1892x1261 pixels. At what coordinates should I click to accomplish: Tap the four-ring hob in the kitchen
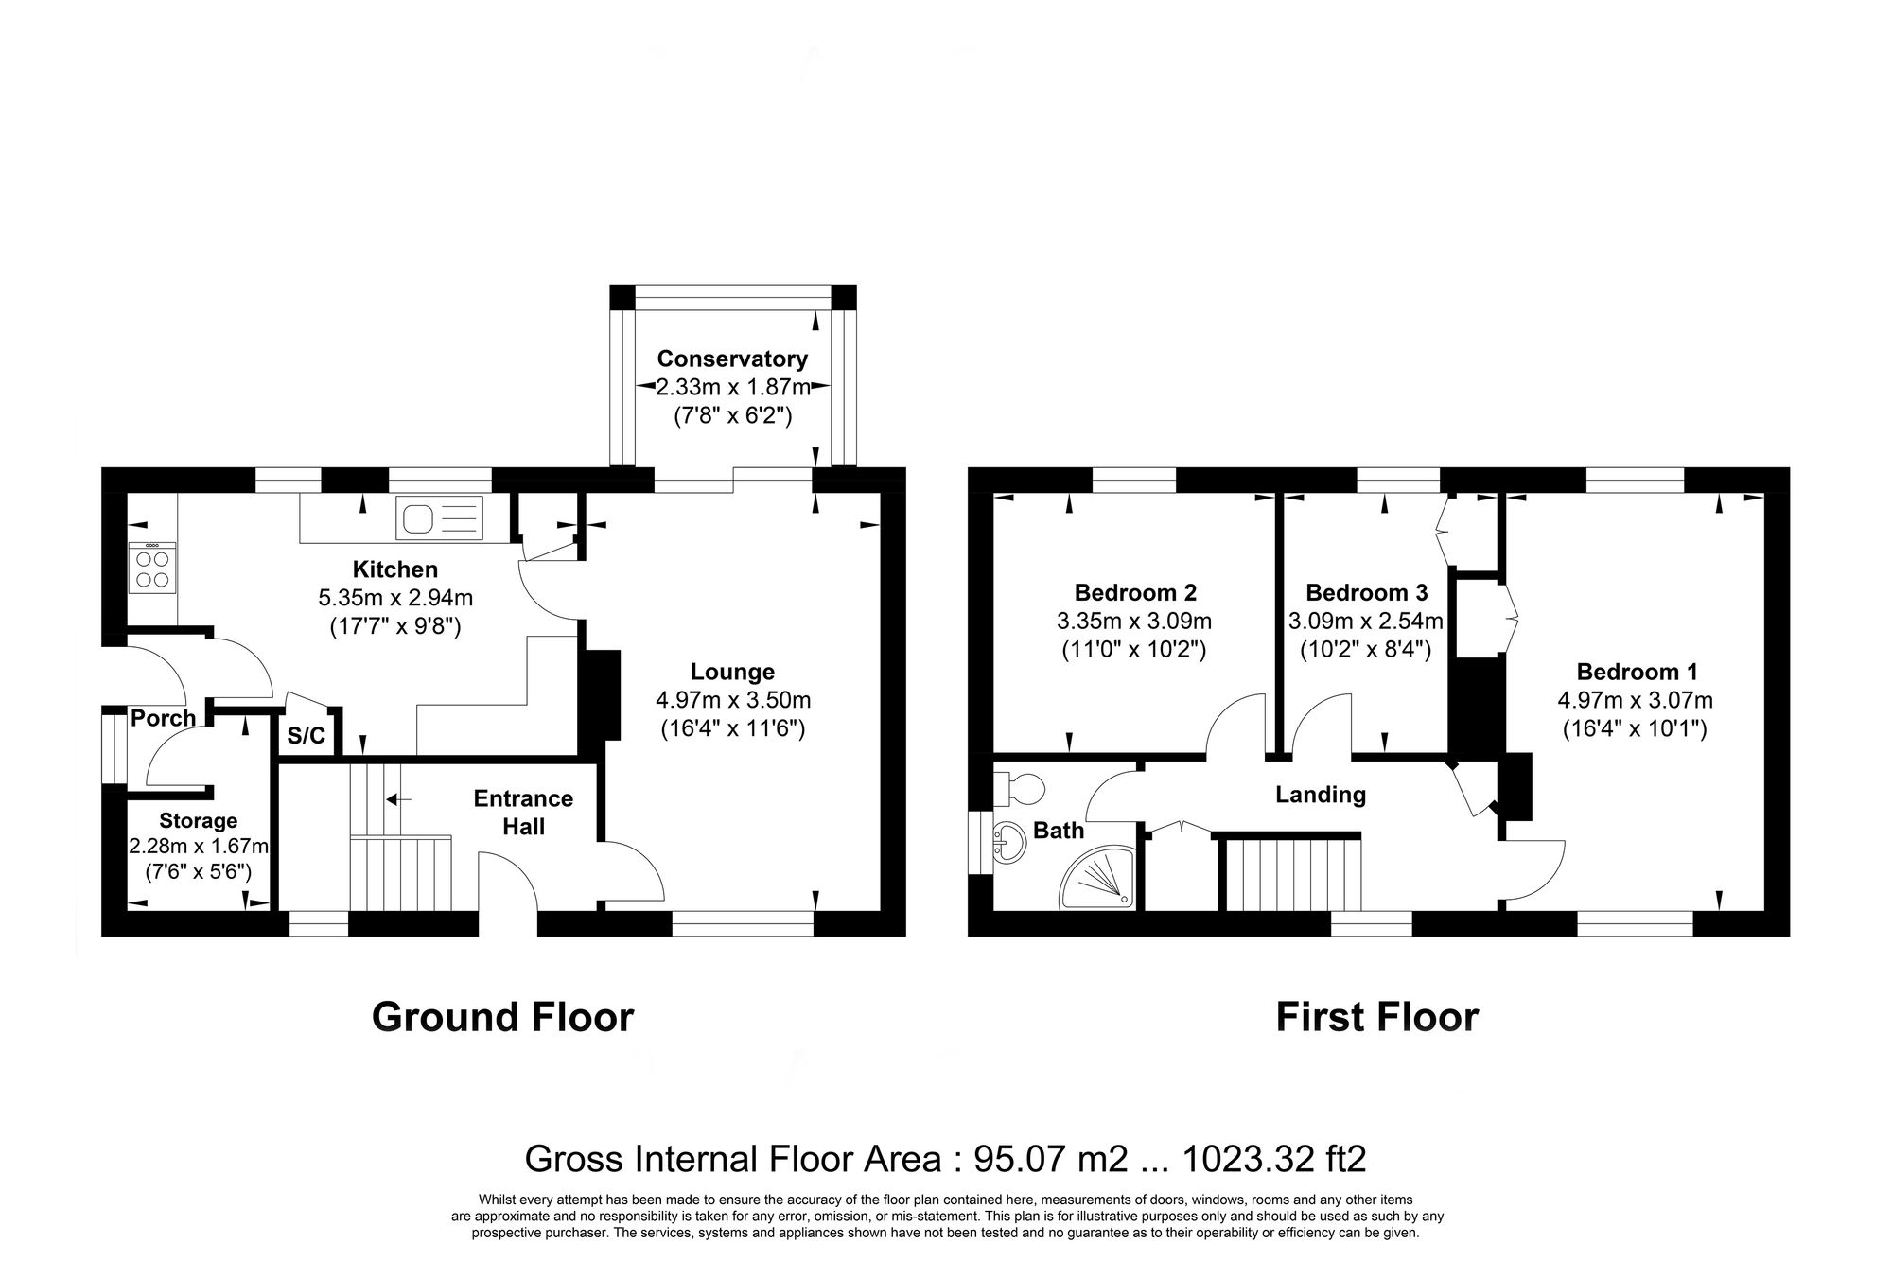[152, 569]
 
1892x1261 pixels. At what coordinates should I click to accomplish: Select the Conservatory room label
[732, 359]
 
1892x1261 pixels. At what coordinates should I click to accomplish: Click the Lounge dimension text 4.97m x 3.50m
[732, 700]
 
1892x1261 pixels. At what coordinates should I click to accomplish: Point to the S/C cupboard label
[306, 736]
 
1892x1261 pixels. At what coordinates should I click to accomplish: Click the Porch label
[163, 718]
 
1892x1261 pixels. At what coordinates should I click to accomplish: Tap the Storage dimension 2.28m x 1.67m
[198, 846]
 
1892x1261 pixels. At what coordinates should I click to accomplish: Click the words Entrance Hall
[523, 812]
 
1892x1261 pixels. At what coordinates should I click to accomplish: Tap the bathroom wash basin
[1010, 841]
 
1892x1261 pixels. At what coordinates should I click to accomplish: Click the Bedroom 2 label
[1134, 592]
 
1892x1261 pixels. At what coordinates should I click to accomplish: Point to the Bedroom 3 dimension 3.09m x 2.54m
[1365, 622]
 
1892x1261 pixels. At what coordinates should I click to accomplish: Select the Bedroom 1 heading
[1636, 672]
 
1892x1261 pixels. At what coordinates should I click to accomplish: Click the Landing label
[1320, 795]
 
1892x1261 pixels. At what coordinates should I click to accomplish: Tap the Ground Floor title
[502, 1017]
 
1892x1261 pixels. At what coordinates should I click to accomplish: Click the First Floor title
[1376, 1017]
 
